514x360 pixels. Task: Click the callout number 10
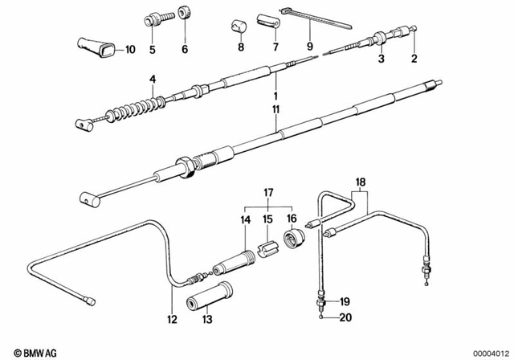[x=130, y=50]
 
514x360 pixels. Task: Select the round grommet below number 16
[x=295, y=239]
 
